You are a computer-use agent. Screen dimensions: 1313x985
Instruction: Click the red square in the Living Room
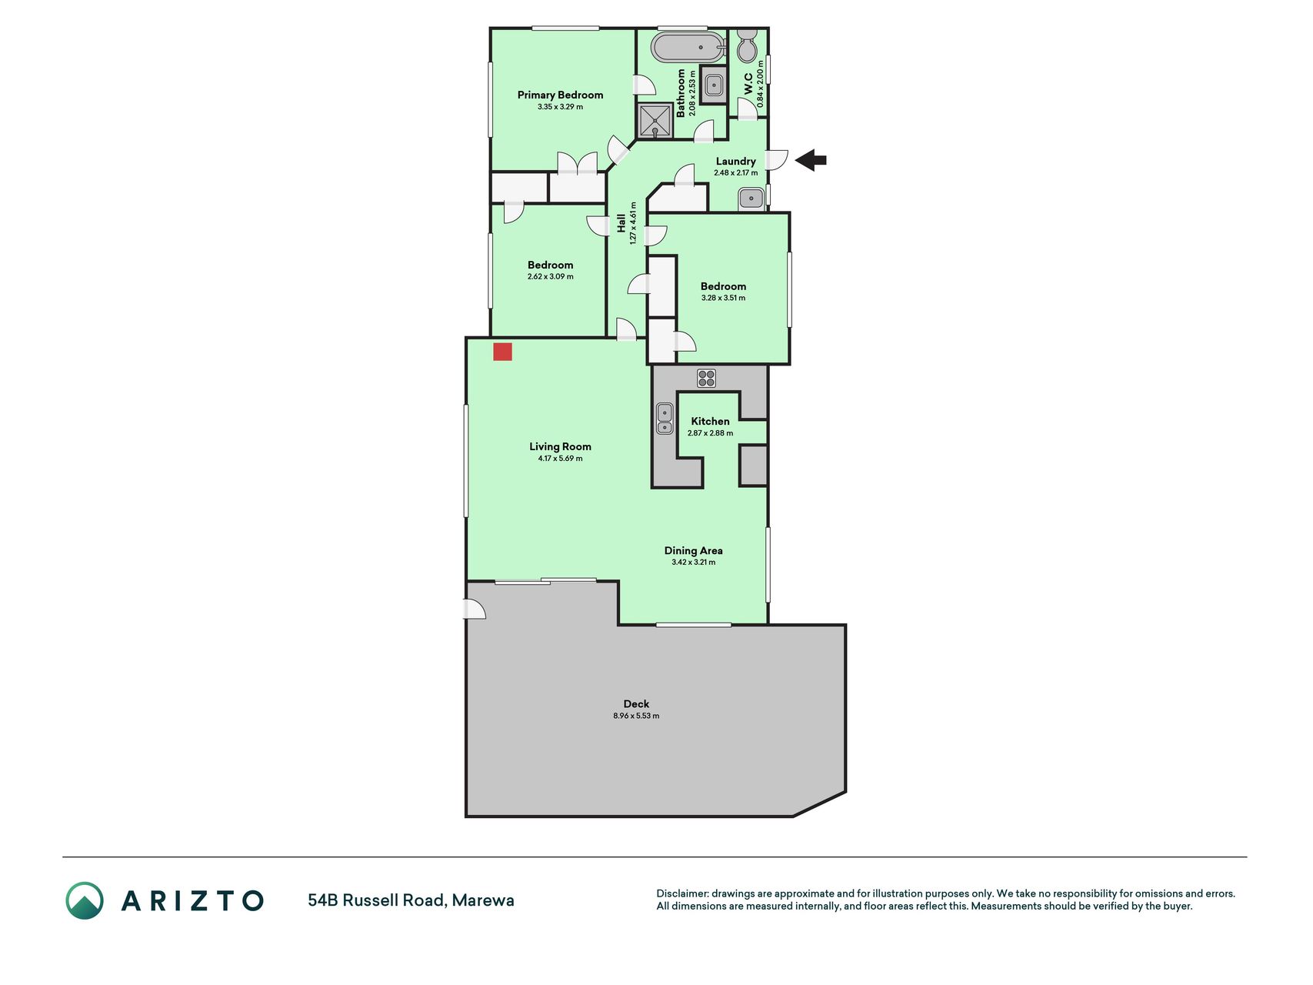(502, 352)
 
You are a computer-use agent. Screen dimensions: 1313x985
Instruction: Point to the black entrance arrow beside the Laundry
(811, 161)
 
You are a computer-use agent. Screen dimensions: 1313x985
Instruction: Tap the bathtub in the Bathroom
(688, 47)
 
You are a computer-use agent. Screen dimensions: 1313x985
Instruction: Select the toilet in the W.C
(747, 46)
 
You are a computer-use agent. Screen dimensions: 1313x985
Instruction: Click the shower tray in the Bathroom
(655, 121)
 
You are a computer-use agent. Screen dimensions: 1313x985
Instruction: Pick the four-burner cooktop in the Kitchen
(706, 378)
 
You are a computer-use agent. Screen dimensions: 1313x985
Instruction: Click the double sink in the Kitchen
(665, 419)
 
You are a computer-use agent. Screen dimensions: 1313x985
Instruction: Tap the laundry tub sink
(750, 199)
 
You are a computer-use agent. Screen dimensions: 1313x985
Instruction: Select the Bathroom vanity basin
(714, 85)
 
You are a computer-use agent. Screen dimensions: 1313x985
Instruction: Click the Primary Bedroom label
(560, 95)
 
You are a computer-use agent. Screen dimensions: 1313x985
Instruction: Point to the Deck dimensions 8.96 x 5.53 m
(636, 716)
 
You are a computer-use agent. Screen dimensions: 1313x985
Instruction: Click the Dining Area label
(693, 550)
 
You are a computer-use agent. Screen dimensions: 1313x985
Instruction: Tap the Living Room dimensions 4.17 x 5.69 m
(560, 459)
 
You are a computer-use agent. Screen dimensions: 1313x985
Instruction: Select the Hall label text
(621, 223)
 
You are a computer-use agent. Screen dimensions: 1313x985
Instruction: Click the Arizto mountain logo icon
(84, 900)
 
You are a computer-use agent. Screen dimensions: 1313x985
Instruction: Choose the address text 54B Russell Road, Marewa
(411, 900)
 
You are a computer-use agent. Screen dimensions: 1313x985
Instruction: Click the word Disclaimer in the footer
(681, 893)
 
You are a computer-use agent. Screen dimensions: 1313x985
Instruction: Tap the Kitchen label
(710, 421)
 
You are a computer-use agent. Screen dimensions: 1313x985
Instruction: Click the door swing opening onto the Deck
(475, 609)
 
